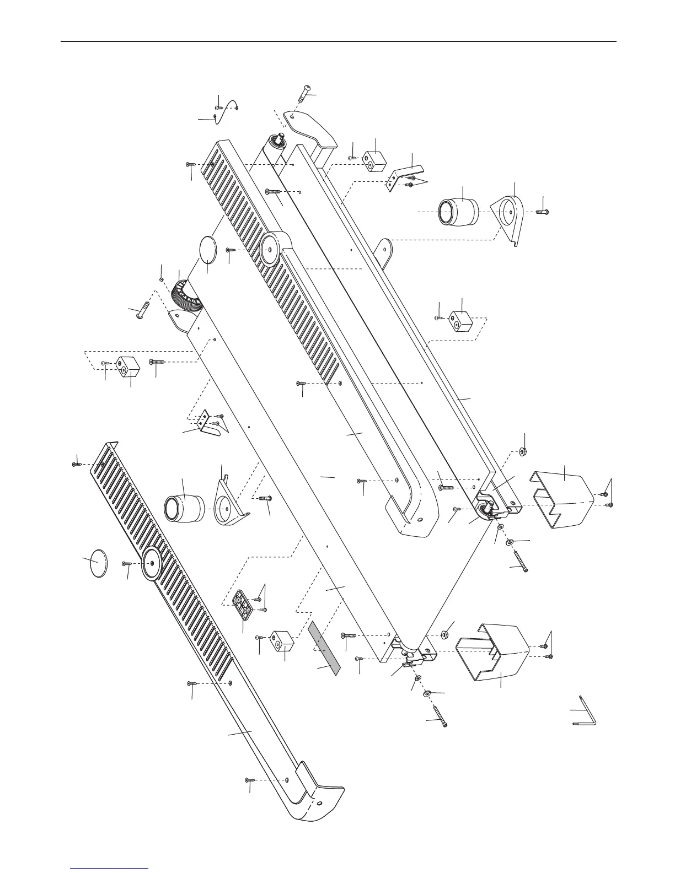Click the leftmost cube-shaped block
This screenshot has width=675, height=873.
click(128, 365)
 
